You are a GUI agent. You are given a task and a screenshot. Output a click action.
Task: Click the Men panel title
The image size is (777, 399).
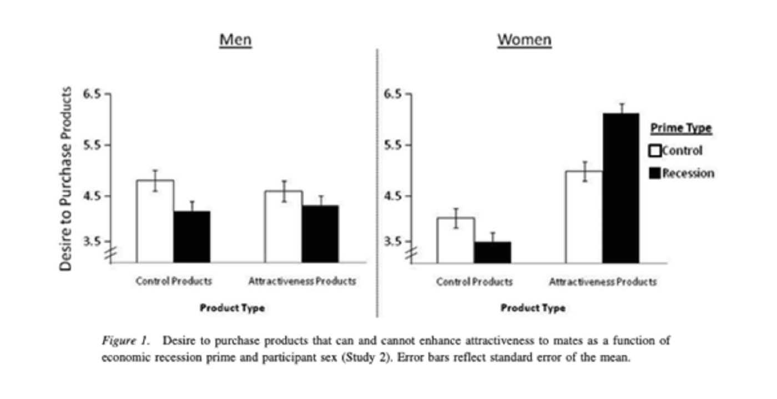point(235,41)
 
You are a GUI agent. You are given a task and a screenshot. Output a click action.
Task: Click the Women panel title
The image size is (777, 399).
point(524,41)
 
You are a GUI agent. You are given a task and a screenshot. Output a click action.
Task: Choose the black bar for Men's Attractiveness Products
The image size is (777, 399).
point(320,234)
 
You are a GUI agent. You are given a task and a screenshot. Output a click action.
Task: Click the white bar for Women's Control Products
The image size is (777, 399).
point(456,240)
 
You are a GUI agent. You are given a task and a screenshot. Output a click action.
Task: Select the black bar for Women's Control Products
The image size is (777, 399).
point(492,252)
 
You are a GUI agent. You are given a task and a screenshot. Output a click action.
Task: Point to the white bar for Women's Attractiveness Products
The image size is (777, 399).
point(584,217)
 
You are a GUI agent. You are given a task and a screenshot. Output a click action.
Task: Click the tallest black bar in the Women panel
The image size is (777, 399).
point(620,188)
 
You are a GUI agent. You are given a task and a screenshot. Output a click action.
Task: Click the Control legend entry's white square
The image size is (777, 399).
point(655,151)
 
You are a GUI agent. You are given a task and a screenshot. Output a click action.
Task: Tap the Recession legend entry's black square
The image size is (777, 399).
point(655,173)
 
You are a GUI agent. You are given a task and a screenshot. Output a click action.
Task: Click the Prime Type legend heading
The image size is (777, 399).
point(680,128)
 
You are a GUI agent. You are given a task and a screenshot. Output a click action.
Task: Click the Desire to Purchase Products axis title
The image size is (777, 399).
point(66,178)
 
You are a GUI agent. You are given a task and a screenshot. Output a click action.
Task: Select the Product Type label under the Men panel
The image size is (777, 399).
point(232,308)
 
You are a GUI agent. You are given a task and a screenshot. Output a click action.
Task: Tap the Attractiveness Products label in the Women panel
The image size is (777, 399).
point(603,282)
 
